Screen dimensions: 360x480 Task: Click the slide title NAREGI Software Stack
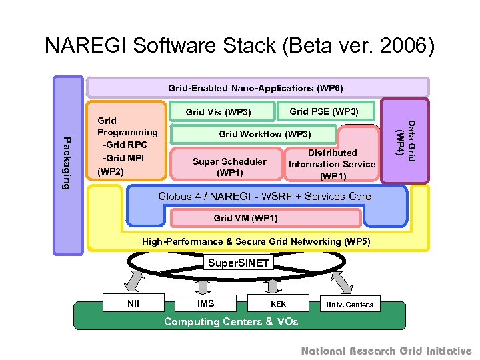pos(239,45)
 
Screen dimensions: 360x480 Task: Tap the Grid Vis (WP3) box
pos(218,111)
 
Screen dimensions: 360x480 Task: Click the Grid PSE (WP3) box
pos(324,111)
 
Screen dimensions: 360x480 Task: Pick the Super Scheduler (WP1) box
pos(229,167)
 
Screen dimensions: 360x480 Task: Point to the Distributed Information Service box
pos(332,164)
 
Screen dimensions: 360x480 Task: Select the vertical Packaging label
pos(67,163)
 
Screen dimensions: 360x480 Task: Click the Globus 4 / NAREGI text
pos(264,197)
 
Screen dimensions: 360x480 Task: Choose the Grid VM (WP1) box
pos(245,218)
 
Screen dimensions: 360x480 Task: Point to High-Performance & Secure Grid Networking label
pos(256,241)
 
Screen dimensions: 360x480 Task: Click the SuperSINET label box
pos(239,263)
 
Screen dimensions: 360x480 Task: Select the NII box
pos(133,303)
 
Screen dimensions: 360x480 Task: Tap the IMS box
pos(206,303)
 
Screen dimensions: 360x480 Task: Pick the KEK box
pos(278,304)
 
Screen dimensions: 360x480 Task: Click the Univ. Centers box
pos(349,305)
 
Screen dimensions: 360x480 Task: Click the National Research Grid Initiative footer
pos(386,351)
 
